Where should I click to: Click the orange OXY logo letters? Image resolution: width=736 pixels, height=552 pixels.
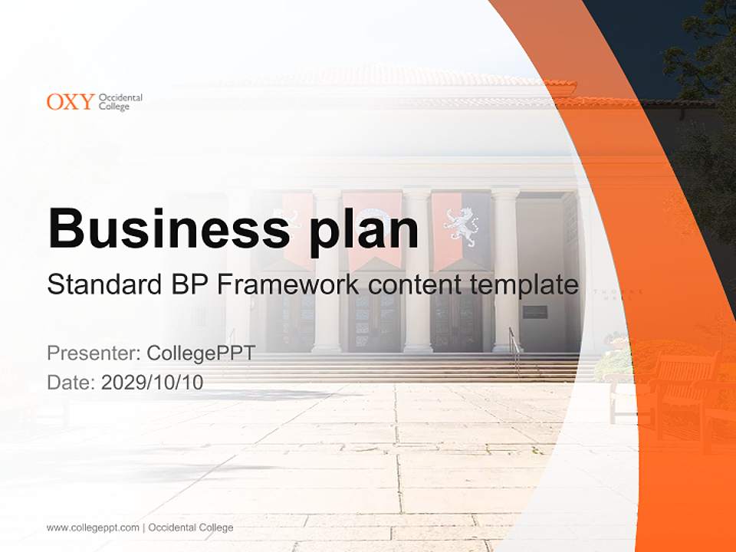point(71,101)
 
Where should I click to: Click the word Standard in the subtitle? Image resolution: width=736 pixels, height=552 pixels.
point(101,285)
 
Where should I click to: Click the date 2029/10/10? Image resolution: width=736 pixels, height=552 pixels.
point(153,383)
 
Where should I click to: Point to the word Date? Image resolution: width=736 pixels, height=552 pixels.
point(70,383)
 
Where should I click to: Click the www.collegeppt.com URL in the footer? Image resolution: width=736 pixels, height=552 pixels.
point(93,527)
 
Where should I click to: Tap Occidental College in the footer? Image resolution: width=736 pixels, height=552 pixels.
point(191,527)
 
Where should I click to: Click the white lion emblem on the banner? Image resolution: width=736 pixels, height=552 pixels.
point(461,225)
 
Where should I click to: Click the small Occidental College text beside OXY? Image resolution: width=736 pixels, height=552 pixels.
point(120,101)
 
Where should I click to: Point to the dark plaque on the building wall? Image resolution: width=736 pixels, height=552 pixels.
point(534,312)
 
